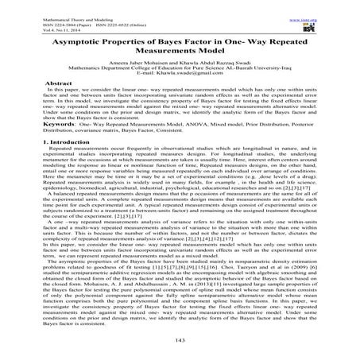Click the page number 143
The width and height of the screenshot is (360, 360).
point(180,338)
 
